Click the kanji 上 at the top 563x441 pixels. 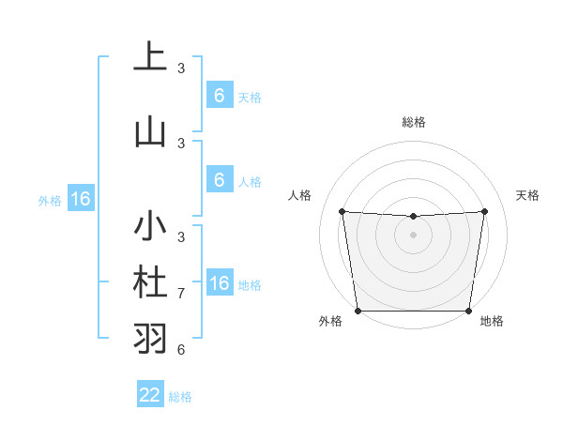(150, 59)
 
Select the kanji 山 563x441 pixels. (150, 132)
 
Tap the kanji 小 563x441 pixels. (150, 229)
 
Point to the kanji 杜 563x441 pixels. (150, 283)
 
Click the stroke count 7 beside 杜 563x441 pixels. (181, 294)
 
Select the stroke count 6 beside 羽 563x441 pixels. (181, 350)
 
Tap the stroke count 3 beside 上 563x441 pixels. (181, 68)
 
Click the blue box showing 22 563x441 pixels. (150, 395)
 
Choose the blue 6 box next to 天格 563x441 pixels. (219, 96)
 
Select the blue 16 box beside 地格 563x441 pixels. (219, 283)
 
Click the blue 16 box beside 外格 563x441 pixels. (80, 199)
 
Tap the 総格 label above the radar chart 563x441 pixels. (413, 122)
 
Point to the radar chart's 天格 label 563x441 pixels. (528, 195)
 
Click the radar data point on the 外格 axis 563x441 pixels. (358, 311)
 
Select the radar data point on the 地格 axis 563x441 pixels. (468, 311)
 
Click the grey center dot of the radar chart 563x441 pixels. (413, 235)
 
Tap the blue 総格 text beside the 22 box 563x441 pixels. (180, 397)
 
